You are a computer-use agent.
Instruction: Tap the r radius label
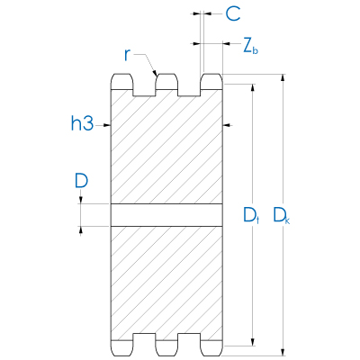(x=129, y=56)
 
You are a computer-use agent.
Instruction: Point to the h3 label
(x=82, y=124)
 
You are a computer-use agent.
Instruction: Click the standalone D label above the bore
(x=81, y=181)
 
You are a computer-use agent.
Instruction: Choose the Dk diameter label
(x=282, y=215)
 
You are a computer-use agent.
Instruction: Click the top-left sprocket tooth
(x=121, y=84)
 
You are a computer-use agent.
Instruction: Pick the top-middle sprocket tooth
(x=166, y=84)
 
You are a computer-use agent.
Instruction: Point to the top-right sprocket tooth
(x=211, y=84)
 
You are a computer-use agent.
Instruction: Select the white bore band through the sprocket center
(x=166, y=215)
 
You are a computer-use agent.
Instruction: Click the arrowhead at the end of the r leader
(x=157, y=73)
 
